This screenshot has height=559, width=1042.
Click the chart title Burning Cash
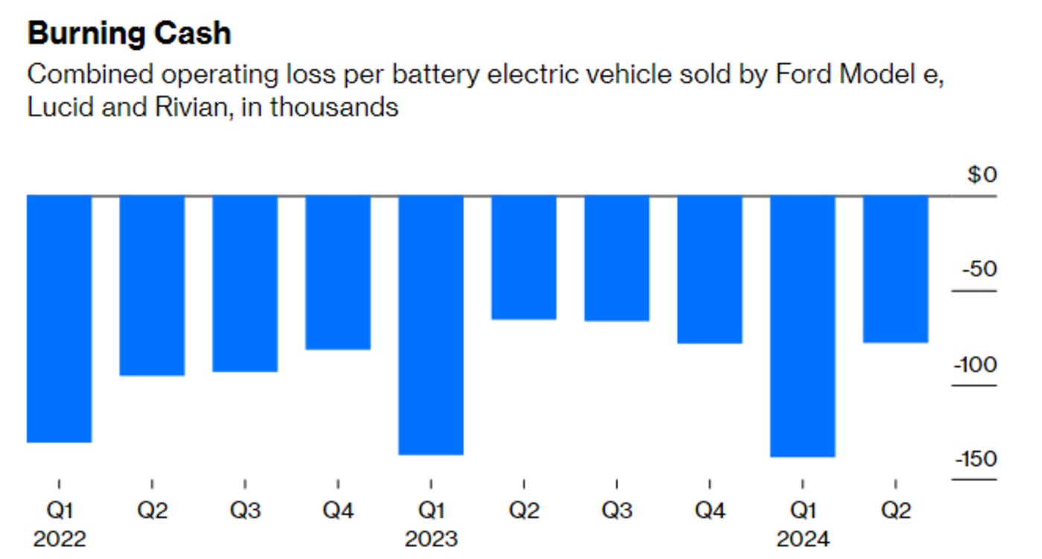pyautogui.click(x=129, y=34)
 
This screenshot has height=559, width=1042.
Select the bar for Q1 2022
pyautogui.click(x=59, y=319)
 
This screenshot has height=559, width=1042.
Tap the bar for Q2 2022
pyautogui.click(x=152, y=285)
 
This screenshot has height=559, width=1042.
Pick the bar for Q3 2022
pyautogui.click(x=245, y=284)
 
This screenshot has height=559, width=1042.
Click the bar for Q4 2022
pyautogui.click(x=338, y=272)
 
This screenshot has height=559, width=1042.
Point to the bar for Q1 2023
pyautogui.click(x=431, y=325)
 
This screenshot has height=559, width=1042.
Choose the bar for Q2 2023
pyautogui.click(x=524, y=258)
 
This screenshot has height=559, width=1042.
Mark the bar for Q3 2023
pyautogui.click(x=617, y=258)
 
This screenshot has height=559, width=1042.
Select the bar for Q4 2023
pyautogui.click(x=710, y=269)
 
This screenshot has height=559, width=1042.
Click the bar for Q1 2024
pyautogui.click(x=802, y=326)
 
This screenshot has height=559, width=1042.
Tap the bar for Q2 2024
pyautogui.click(x=895, y=269)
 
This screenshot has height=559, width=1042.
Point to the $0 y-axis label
pyautogui.click(x=981, y=175)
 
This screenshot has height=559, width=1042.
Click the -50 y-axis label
pyautogui.click(x=979, y=269)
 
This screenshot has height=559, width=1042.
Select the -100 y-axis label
pyautogui.click(x=976, y=365)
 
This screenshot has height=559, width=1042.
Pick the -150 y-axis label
pyautogui.click(x=976, y=459)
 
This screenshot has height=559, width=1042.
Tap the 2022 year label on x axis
pyautogui.click(x=60, y=538)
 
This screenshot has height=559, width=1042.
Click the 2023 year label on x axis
pyautogui.click(x=431, y=538)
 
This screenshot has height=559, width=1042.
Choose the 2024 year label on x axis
pyautogui.click(x=802, y=538)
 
